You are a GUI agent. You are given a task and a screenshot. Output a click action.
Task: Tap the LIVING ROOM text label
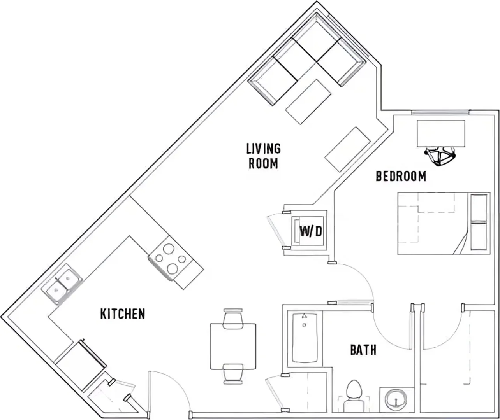pyautogui.click(x=263, y=156)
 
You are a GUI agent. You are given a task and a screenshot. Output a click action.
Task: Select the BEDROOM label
pyautogui.click(x=401, y=176)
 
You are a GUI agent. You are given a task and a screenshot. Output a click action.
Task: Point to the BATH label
pyautogui.click(x=363, y=350)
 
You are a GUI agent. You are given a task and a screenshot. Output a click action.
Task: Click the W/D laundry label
pyautogui.click(x=311, y=231)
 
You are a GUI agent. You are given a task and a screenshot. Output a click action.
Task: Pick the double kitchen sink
pyautogui.click(x=62, y=284)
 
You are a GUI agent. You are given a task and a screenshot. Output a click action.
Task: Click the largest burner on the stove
pyautogui.click(x=172, y=268)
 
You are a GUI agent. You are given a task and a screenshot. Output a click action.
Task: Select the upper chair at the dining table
pyautogui.click(x=233, y=318)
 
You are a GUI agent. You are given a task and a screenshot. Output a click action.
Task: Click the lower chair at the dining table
pyautogui.click(x=233, y=374)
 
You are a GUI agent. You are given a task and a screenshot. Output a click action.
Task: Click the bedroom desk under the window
pyautogui.click(x=441, y=133)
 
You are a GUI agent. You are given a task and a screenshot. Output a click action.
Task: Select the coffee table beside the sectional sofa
pyautogui.click(x=308, y=102)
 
